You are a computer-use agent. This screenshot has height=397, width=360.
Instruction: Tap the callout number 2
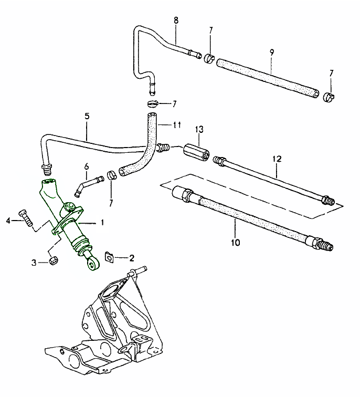[x=132, y=258]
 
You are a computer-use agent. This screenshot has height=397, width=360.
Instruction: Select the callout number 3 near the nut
[x=34, y=262]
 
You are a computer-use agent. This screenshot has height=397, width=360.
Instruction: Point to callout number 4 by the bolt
[x=8, y=221]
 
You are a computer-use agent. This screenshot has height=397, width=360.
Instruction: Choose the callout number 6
[x=87, y=167]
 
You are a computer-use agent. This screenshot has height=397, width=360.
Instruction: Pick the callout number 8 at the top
[x=176, y=21]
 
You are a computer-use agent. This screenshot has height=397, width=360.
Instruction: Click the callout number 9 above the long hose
[x=271, y=53]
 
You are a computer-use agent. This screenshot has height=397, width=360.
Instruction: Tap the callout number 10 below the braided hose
[x=235, y=243]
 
